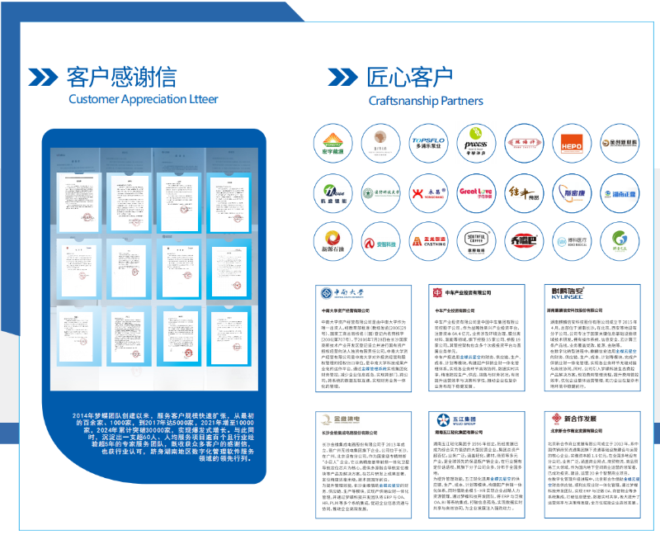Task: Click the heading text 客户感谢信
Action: pyautogui.click(x=121, y=77)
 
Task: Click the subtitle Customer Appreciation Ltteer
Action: pyautogui.click(x=143, y=100)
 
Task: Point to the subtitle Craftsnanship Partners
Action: pyautogui.click(x=427, y=100)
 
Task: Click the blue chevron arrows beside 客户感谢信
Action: pyautogui.click(x=43, y=77)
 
